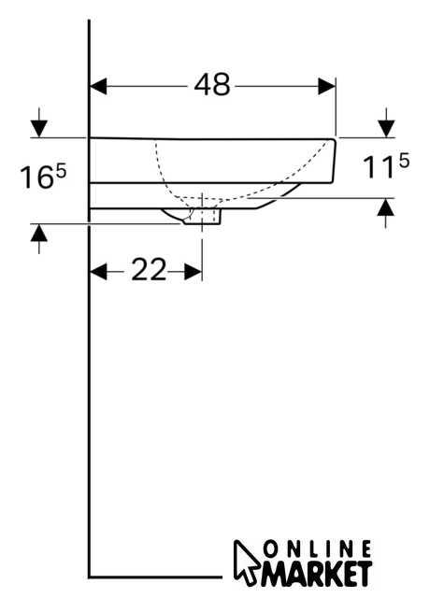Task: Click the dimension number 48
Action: tap(212, 84)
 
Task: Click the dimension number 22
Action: tap(149, 270)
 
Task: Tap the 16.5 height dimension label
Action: tap(43, 176)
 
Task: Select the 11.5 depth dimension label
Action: tap(385, 165)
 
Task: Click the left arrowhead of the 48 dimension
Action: tap(98, 86)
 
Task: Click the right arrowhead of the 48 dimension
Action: tap(326, 86)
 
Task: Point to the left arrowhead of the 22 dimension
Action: tap(98, 272)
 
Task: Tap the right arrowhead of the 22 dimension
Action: tap(193, 272)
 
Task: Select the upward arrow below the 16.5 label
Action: tap(39, 239)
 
